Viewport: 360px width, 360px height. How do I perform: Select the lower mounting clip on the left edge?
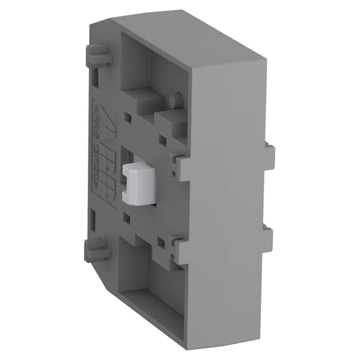[x=96, y=251]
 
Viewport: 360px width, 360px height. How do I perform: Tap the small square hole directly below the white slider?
[x=127, y=218]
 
